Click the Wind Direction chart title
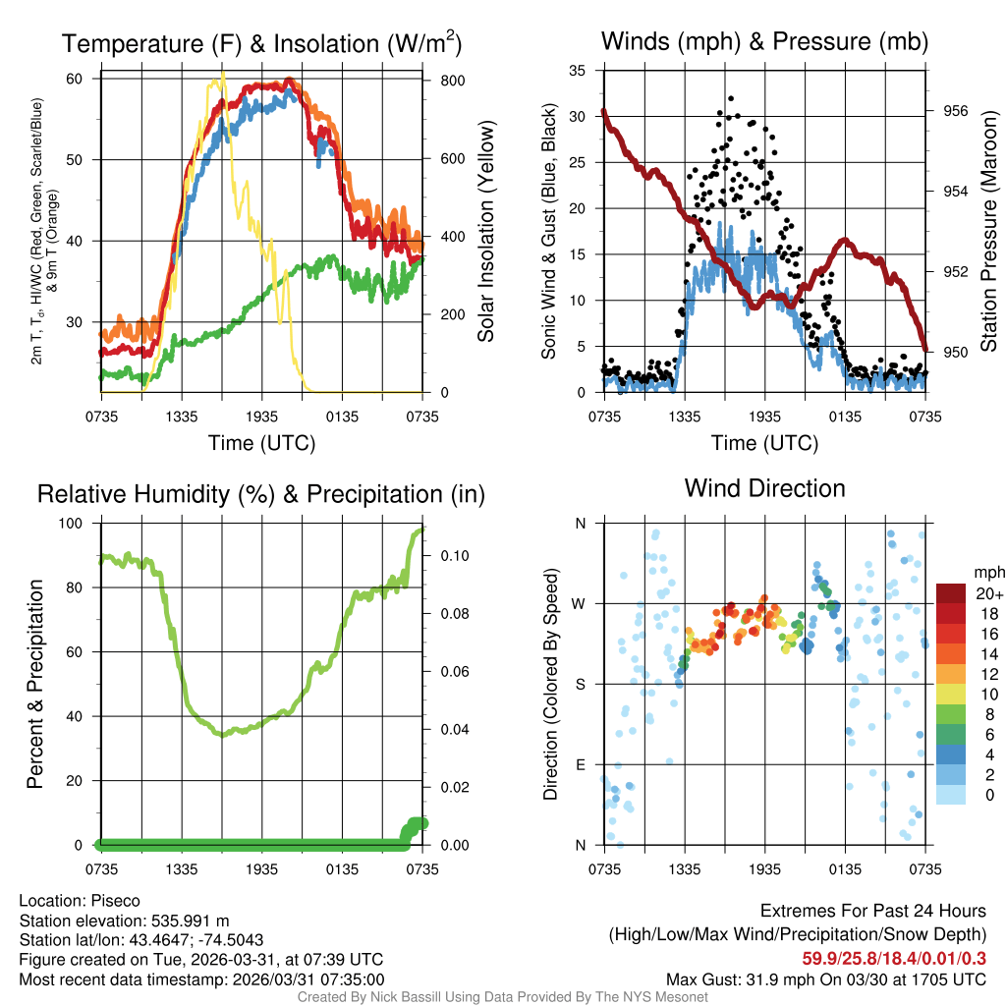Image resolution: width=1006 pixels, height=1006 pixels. pos(764,488)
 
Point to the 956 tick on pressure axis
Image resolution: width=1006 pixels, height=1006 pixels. pos(955,111)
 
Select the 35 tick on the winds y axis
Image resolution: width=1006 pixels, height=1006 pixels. pos(578,71)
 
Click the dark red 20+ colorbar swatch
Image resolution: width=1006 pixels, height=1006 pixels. pos(950,594)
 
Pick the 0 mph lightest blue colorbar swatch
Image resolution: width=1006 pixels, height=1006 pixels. pos(950,794)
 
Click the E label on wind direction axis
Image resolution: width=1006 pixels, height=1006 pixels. pos(580,764)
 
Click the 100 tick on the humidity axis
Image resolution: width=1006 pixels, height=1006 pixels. pos(76,524)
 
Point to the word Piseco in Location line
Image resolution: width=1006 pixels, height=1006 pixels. pos(116,901)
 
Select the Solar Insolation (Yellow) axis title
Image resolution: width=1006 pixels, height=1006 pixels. pos(486,232)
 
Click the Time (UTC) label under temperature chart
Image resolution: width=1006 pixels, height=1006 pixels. pos(261,443)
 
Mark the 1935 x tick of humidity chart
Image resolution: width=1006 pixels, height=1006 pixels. pos(262,869)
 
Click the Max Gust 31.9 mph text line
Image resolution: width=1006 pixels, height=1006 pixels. pos(825,979)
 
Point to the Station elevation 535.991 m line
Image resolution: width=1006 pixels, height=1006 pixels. pos(124,921)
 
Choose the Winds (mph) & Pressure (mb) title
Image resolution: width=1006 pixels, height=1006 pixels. pos(764,41)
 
